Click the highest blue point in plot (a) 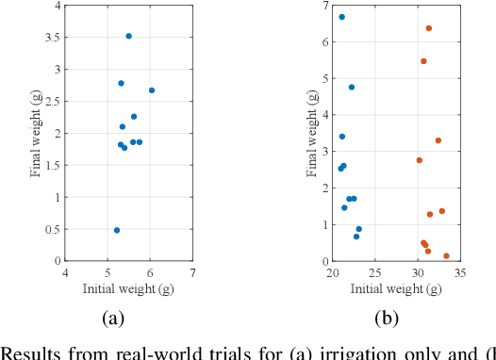(x=128, y=36)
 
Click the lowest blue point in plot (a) (x=117, y=230)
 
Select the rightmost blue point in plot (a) (x=152, y=90)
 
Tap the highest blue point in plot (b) (x=341, y=17)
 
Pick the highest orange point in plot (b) (x=429, y=28)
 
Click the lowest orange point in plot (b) (x=446, y=256)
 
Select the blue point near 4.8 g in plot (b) (x=352, y=87)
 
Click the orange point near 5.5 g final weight (x=423, y=61)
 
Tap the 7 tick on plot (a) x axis (x=192, y=273)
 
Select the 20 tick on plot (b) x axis (x=332, y=273)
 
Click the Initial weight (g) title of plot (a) (x=128, y=286)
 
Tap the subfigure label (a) (x=112, y=319)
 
